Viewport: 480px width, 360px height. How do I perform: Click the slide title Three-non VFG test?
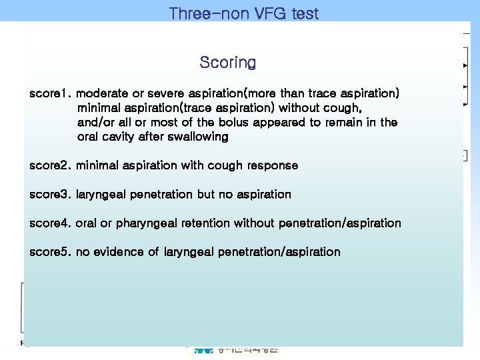(x=244, y=13)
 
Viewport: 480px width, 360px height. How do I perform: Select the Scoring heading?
(x=227, y=63)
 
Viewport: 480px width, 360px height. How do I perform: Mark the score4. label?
(x=51, y=223)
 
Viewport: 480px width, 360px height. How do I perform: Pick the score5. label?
(x=51, y=252)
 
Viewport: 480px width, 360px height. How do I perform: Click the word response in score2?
(x=273, y=165)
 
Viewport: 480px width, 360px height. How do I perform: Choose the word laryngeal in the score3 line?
(x=103, y=195)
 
